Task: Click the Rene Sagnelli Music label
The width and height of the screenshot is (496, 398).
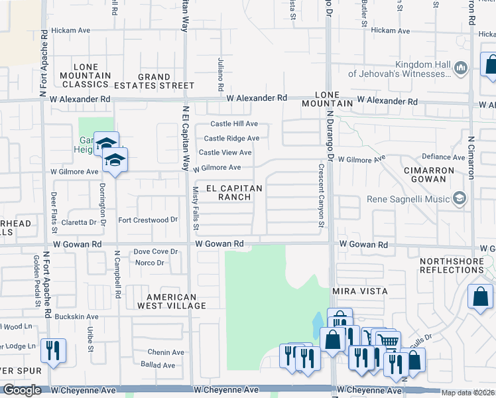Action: click(407, 199)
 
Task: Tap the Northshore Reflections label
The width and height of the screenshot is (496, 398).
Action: click(452, 266)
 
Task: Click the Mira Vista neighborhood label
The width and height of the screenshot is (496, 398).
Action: click(359, 291)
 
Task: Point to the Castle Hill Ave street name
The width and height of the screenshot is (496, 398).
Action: click(234, 124)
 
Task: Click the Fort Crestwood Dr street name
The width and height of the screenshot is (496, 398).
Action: click(149, 220)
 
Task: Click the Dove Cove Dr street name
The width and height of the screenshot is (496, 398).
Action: click(156, 251)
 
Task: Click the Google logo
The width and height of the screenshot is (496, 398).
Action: click(23, 390)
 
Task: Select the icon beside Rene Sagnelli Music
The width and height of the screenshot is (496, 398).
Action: click(459, 198)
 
